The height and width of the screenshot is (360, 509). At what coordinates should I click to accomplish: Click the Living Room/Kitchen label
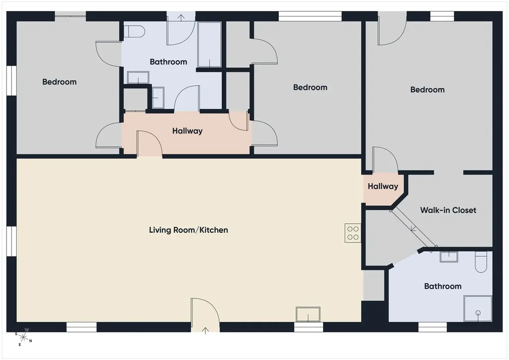tap(188, 230)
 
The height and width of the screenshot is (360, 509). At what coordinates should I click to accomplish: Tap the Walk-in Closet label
tap(448, 210)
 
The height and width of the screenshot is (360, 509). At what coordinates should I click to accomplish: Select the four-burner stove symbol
tap(353, 233)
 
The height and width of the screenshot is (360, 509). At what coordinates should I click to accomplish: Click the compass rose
tap(23, 338)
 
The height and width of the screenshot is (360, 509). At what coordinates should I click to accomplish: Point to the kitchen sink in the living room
tap(308, 315)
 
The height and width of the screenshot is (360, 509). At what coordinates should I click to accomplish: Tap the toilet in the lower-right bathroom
tap(481, 262)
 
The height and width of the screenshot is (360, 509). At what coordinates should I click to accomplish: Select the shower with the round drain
tap(478, 308)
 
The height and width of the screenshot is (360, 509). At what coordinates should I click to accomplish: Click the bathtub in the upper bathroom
tap(210, 44)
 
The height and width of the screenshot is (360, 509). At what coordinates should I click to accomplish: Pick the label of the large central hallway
tap(187, 131)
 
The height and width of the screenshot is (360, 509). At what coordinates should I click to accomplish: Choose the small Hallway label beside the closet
tap(383, 186)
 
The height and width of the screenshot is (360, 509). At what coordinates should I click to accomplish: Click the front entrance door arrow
tap(205, 331)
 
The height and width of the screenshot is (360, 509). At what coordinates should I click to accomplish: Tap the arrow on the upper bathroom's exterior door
tap(181, 17)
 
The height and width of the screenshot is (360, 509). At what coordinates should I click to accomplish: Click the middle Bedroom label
tap(310, 88)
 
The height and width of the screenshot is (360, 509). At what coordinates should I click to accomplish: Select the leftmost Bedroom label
tap(60, 82)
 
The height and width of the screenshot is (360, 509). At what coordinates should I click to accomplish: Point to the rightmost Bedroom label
tap(427, 90)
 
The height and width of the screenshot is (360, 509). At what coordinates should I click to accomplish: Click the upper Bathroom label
tap(168, 62)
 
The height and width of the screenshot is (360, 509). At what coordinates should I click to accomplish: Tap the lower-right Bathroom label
tap(443, 286)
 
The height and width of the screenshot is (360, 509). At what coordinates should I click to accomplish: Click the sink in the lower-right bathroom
tap(449, 257)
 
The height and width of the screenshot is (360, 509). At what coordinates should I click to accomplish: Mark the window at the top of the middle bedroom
tap(310, 16)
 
